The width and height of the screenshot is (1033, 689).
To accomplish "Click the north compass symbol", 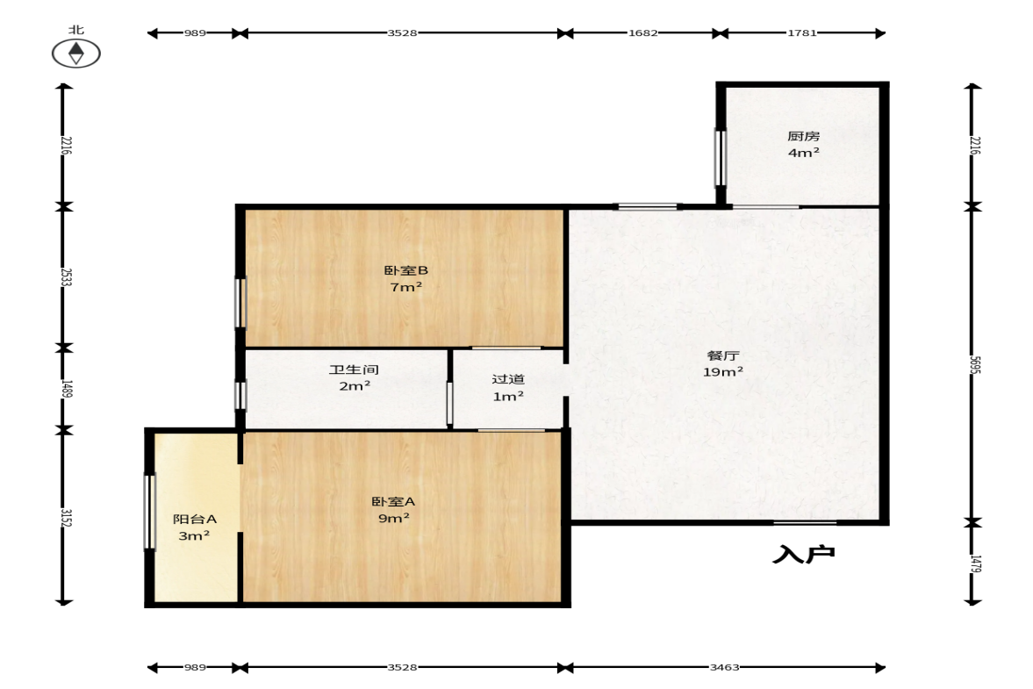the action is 76,54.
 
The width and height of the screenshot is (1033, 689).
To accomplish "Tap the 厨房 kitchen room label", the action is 804,136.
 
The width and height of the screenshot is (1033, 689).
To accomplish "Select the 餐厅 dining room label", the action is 723,355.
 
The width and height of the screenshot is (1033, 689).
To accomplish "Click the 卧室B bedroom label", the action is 405,270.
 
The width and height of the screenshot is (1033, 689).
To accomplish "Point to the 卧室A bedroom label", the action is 393,502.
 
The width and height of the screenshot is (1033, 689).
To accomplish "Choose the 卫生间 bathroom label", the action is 355,370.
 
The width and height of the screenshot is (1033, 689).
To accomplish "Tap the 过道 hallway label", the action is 508,379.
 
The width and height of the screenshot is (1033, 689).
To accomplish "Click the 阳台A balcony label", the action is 194,519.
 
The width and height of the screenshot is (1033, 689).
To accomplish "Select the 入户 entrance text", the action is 804,555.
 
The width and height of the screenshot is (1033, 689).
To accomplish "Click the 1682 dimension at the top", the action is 643,33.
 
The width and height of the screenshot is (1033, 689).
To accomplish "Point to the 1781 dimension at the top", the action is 802,33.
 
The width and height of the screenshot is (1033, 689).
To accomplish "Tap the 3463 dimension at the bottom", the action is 725,667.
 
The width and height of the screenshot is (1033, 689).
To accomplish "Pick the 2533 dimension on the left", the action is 66,276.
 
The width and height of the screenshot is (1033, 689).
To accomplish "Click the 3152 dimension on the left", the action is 66,517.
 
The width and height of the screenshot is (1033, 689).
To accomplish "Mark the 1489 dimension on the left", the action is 66,389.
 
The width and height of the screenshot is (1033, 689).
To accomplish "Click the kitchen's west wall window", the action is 720,158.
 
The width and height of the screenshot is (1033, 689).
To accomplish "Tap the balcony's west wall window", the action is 149,512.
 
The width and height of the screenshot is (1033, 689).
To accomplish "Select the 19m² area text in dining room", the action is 723,372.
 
